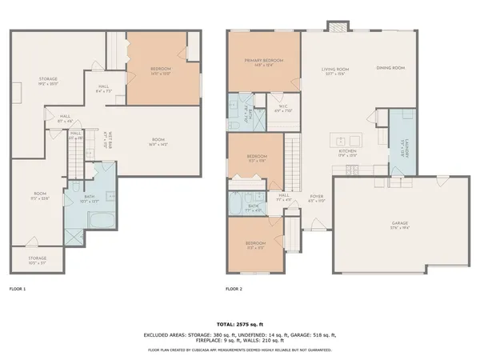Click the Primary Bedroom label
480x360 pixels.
[x=262, y=62]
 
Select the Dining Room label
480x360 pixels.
[x=390, y=68]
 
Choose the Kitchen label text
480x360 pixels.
[x=347, y=150]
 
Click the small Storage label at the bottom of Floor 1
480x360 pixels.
[x=38, y=258]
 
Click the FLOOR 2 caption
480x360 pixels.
[x=234, y=288]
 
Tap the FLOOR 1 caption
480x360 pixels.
[x=18, y=288]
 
